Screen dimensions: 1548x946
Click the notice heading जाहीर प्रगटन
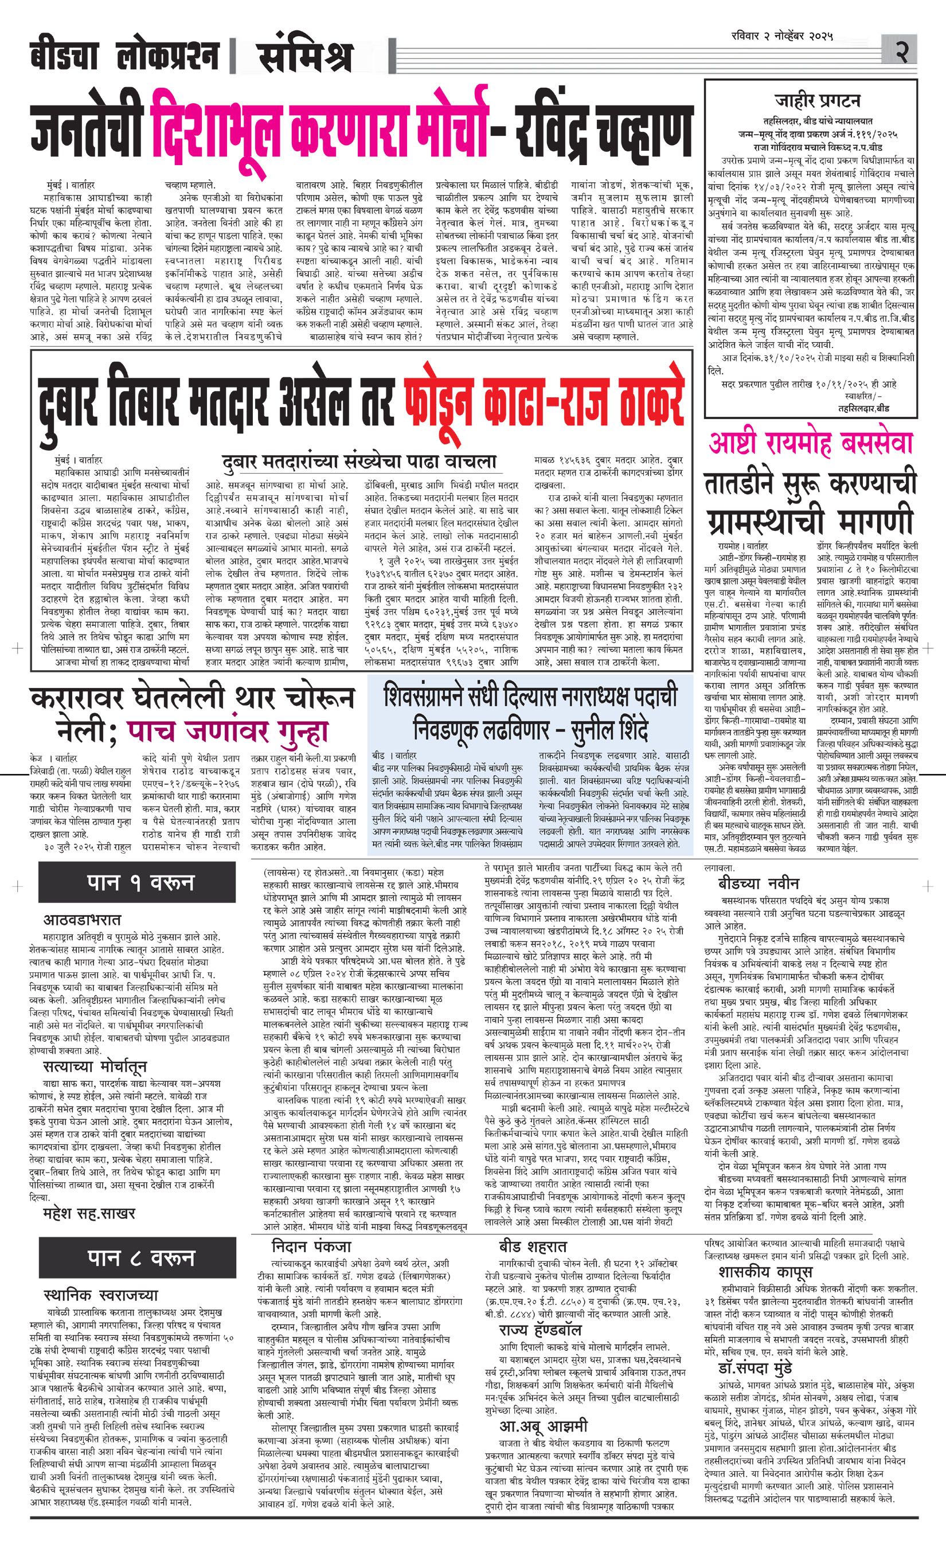pyautogui.click(x=817, y=101)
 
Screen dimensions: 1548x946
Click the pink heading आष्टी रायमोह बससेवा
pyautogui.click(x=810, y=443)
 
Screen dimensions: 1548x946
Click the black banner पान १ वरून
pyautogui.click(x=140, y=884)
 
